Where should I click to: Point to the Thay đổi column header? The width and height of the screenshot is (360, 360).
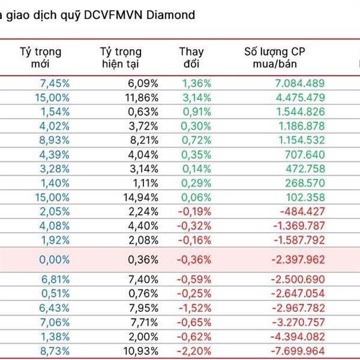pyautogui.click(x=192, y=58)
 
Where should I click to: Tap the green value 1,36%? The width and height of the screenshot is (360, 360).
pyautogui.click(x=196, y=83)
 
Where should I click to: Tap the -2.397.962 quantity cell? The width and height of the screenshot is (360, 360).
pyautogui.click(x=295, y=260)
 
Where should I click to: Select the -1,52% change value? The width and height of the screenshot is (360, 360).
pyautogui.click(x=195, y=307)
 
